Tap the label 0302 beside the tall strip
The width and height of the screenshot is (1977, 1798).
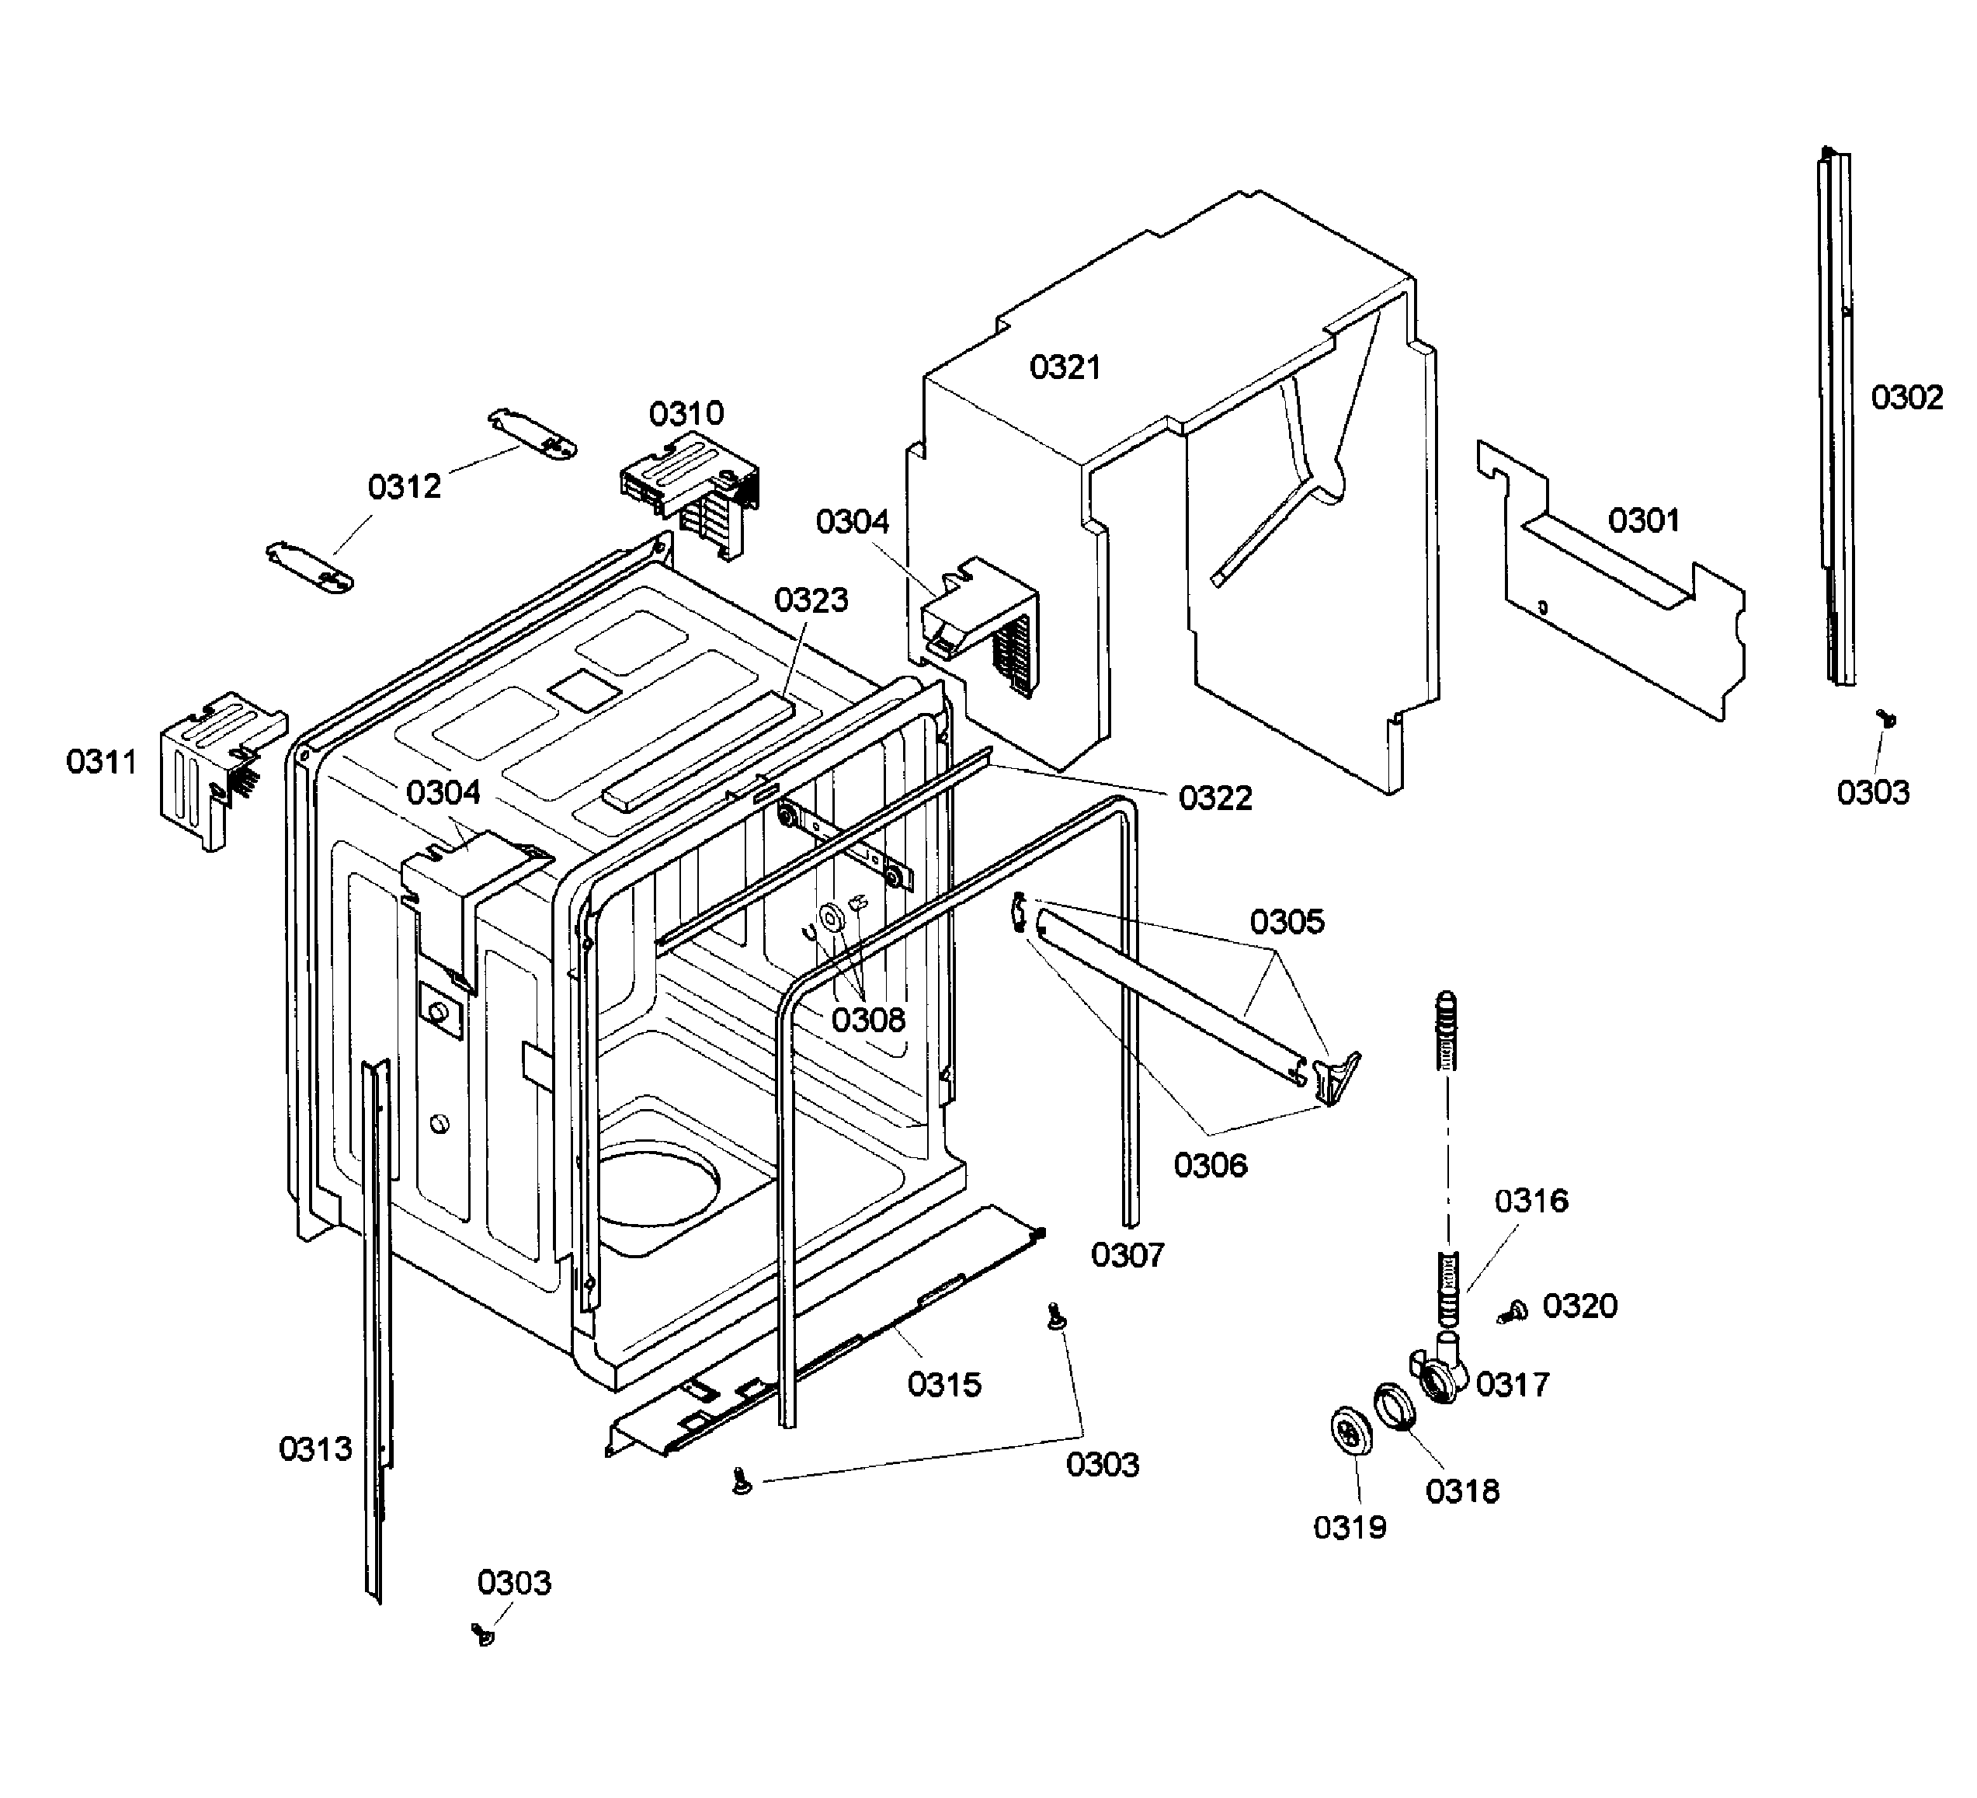tap(1906, 397)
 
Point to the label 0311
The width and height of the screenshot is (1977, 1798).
tap(101, 761)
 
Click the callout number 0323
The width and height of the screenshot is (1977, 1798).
tap(810, 600)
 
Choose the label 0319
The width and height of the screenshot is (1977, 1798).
tap(1350, 1526)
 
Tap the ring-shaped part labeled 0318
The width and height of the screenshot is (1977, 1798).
tap(1395, 1409)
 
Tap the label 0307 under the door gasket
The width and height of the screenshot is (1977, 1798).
tap(1127, 1254)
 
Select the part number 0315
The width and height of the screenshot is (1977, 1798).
tap(943, 1384)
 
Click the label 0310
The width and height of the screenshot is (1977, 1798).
tap(686, 413)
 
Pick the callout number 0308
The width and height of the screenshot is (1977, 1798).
tap(868, 1020)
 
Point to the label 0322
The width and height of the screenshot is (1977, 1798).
tap(1215, 798)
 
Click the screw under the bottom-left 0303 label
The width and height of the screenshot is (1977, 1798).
tap(482, 1633)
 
